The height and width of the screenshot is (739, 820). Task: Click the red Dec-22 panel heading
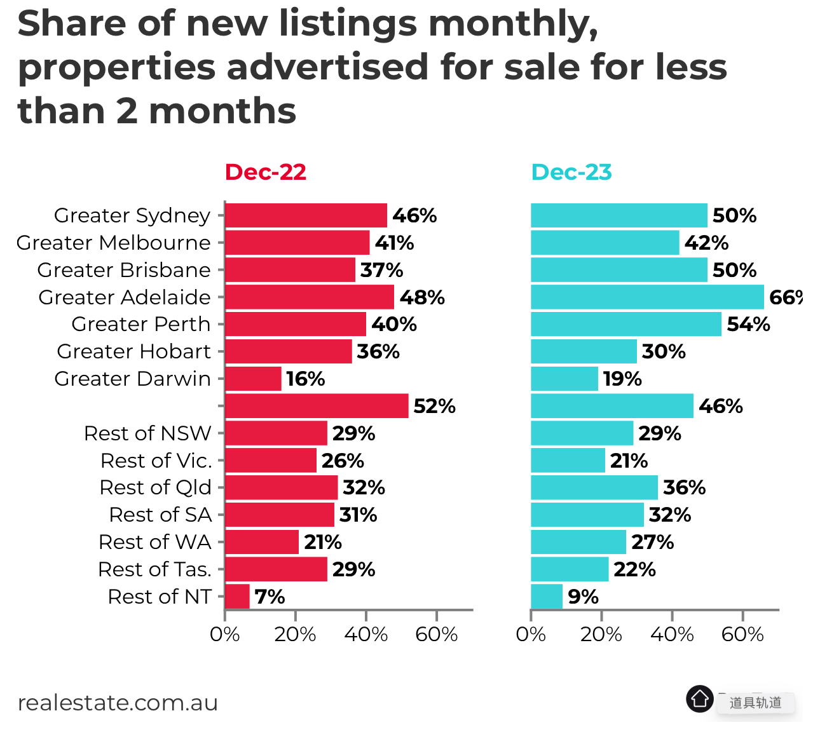pyautogui.click(x=266, y=172)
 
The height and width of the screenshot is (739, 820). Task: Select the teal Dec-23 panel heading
pyautogui.click(x=571, y=172)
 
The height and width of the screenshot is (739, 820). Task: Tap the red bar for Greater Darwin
pyautogui.click(x=253, y=379)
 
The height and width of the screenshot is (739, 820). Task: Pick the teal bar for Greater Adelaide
pyautogui.click(x=647, y=297)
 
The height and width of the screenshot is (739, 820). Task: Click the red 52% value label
pyautogui.click(x=434, y=406)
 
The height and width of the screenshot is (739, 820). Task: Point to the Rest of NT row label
pyautogui.click(x=160, y=597)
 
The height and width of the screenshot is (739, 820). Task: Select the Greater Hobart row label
pyautogui.click(x=133, y=351)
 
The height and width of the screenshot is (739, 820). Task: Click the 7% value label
pyautogui.click(x=270, y=597)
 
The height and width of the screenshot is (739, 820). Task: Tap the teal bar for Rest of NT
pyautogui.click(x=547, y=597)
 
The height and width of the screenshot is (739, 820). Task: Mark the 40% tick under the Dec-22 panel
pyautogui.click(x=366, y=634)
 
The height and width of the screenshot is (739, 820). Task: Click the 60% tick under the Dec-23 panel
pyautogui.click(x=742, y=634)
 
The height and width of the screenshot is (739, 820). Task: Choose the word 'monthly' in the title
pyautogui.click(x=513, y=24)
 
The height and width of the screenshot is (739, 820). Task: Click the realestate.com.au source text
pyautogui.click(x=118, y=703)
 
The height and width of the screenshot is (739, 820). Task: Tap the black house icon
pyautogui.click(x=700, y=699)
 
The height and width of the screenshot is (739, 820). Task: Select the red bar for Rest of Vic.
pyautogui.click(x=271, y=461)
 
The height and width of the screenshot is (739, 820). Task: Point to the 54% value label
pyautogui.click(x=748, y=325)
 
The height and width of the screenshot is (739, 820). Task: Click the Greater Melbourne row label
pyautogui.click(x=113, y=243)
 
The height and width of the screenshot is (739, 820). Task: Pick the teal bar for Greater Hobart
pyautogui.click(x=584, y=351)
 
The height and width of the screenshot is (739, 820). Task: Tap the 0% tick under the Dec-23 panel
pyautogui.click(x=531, y=634)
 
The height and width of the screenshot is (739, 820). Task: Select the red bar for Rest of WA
pyautogui.click(x=262, y=542)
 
